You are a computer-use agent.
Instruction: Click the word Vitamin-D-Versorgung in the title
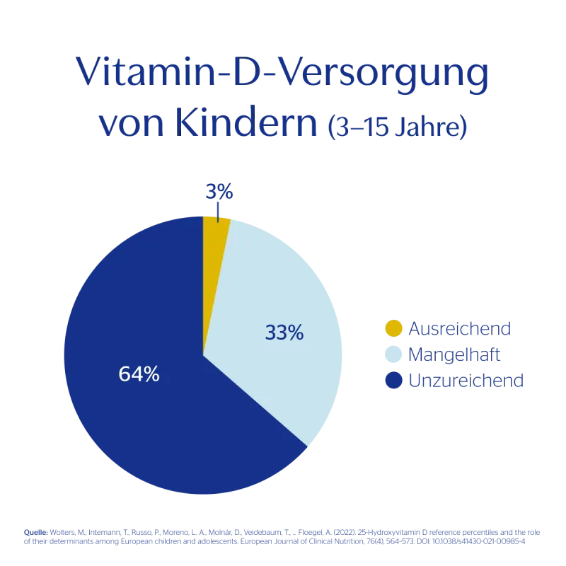pyautogui.click(x=282, y=74)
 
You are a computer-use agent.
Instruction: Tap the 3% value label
pyautogui.click(x=218, y=192)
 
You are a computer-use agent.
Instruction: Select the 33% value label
pyautogui.click(x=284, y=332)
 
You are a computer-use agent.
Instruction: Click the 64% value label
pyautogui.click(x=139, y=374)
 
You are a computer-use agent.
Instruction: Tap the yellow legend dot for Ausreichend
pyautogui.click(x=394, y=328)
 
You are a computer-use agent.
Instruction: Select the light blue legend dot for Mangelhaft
pyautogui.click(x=394, y=354)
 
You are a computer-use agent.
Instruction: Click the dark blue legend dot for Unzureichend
pyautogui.click(x=394, y=381)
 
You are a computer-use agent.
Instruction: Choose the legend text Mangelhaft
pyautogui.click(x=454, y=354)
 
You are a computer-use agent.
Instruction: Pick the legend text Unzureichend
pyautogui.click(x=464, y=381)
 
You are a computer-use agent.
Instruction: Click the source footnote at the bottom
pyautogui.click(x=282, y=536)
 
